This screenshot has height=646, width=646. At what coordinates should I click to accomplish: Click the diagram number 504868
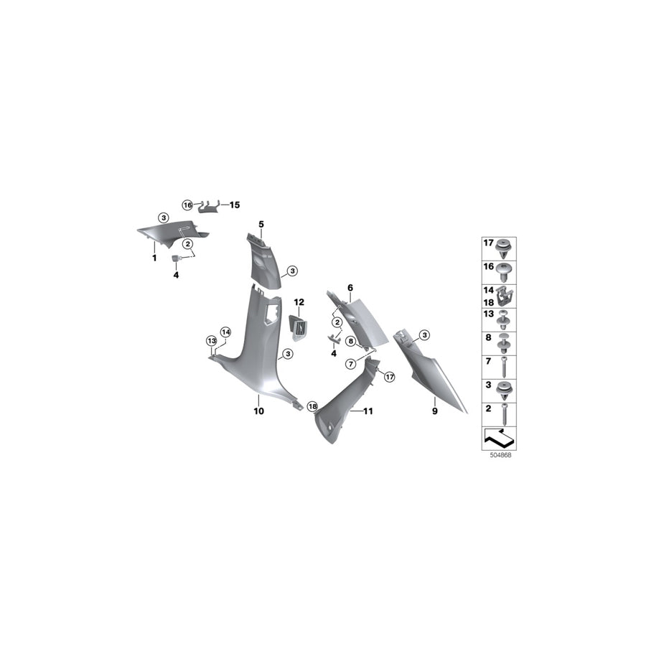pos(500,456)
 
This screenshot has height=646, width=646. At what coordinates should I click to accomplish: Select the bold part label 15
pos(235,205)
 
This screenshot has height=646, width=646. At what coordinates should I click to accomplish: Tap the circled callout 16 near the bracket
pos(187,205)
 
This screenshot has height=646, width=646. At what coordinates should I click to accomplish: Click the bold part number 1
pos(154,258)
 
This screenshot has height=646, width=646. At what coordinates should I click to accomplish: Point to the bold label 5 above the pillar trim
pos(261,225)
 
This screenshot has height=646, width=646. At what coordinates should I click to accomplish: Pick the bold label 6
pos(350,288)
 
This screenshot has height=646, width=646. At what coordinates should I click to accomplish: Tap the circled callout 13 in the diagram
pos(211,341)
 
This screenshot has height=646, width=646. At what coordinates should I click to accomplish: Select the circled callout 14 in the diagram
pos(225,332)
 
